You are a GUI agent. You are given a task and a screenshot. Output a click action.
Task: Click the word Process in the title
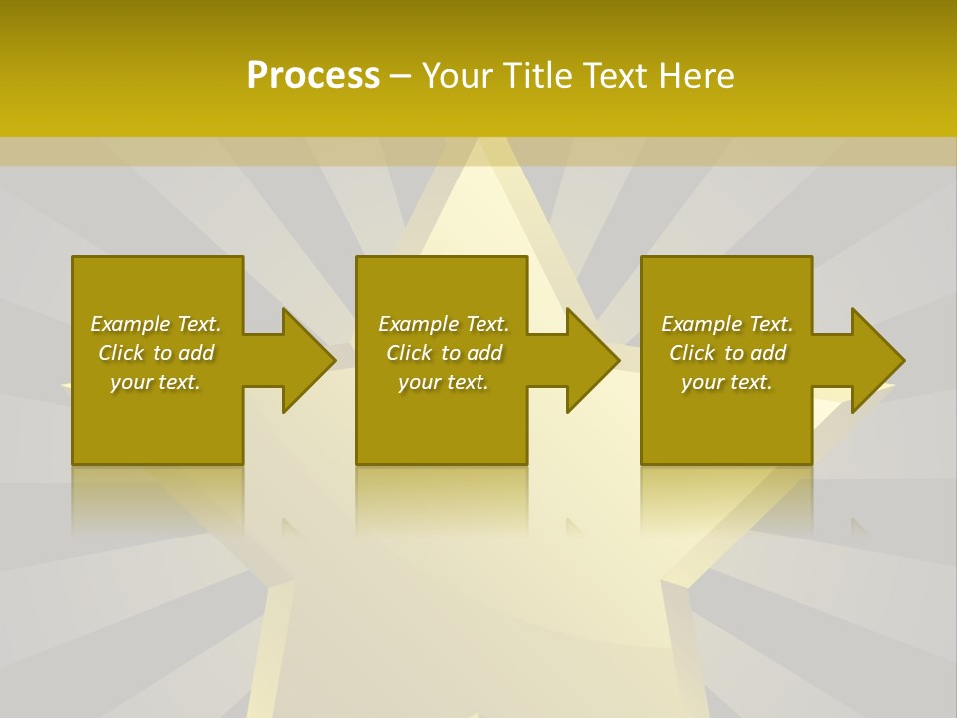pyautogui.click(x=313, y=76)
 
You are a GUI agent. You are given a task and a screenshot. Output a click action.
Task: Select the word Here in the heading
pyautogui.click(x=696, y=76)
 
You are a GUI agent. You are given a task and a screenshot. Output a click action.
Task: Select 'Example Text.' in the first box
pyautogui.click(x=156, y=324)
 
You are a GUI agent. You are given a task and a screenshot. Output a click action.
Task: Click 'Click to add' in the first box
pyautogui.click(x=156, y=353)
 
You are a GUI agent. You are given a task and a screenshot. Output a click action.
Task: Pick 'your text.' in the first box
pyautogui.click(x=156, y=382)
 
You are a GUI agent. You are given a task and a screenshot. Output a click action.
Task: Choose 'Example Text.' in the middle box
pyautogui.click(x=444, y=324)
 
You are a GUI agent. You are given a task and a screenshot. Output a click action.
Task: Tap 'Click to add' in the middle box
pyautogui.click(x=444, y=353)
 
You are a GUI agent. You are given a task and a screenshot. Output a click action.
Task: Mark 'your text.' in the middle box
pyautogui.click(x=444, y=382)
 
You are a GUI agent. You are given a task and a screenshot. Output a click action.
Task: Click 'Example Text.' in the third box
pyautogui.click(x=727, y=324)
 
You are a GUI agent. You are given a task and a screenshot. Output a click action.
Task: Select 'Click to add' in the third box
pyautogui.click(x=727, y=353)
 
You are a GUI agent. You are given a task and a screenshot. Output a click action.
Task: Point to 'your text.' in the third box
pyautogui.click(x=727, y=382)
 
